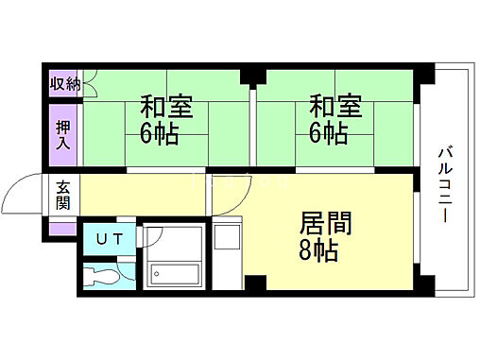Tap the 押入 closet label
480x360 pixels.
point(63,133)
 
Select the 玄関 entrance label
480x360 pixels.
point(62,196)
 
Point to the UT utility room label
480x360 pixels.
point(108,239)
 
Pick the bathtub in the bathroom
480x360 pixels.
point(175,275)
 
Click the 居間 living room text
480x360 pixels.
point(325,224)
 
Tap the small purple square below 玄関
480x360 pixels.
point(62,227)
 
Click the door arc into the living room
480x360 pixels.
point(232,192)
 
